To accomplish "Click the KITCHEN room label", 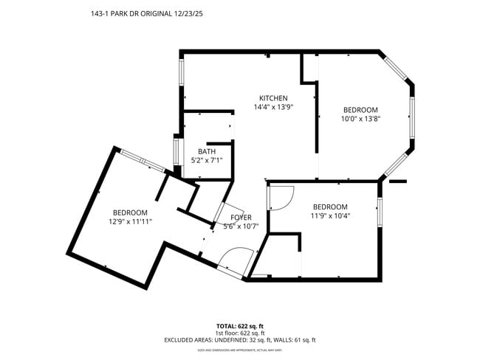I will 272,98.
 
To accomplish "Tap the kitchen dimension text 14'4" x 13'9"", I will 272,107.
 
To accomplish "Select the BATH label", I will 206,151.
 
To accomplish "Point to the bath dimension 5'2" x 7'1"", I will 206,160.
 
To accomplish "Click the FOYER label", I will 241,218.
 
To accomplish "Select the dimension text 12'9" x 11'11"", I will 130,221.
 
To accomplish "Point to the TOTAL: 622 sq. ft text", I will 240,325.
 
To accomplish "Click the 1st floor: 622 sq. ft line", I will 240,333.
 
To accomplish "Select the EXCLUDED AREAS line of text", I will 240,340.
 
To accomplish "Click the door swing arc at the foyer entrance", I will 233,260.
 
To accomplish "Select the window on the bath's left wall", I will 176,152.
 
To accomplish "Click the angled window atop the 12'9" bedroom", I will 143,160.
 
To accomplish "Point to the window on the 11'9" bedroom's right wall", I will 380,211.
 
